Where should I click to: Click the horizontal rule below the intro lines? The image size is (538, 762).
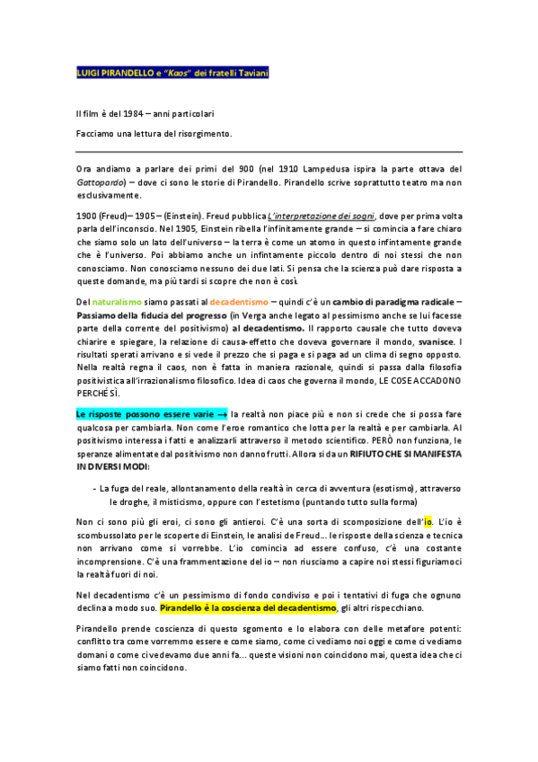click(x=269, y=151)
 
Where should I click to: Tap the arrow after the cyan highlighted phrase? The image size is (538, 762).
click(x=222, y=414)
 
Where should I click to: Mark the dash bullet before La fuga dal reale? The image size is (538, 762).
click(x=94, y=488)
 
